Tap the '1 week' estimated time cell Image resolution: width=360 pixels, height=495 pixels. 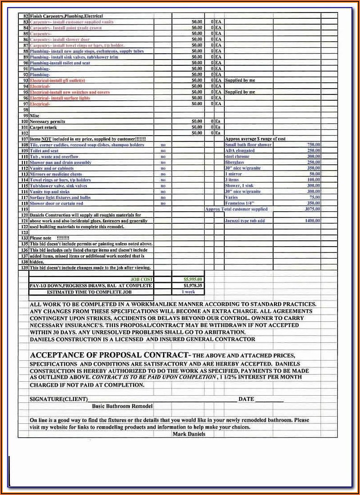188,292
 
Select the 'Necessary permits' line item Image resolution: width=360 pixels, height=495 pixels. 47,121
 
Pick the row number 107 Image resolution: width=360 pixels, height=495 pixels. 24,139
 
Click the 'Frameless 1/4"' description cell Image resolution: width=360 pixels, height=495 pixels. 240,203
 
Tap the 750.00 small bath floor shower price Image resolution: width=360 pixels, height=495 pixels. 313,145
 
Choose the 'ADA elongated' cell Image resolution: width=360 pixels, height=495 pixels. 240,150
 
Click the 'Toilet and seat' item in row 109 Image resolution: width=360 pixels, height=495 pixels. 44,151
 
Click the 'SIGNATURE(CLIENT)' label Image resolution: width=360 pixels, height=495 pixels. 58,399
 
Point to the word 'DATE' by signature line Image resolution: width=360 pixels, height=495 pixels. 246,399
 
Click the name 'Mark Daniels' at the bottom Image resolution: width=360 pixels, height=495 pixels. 189,434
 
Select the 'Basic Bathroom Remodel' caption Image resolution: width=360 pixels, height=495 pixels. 122,406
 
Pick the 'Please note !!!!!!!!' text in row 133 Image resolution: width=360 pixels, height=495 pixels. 50,238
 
